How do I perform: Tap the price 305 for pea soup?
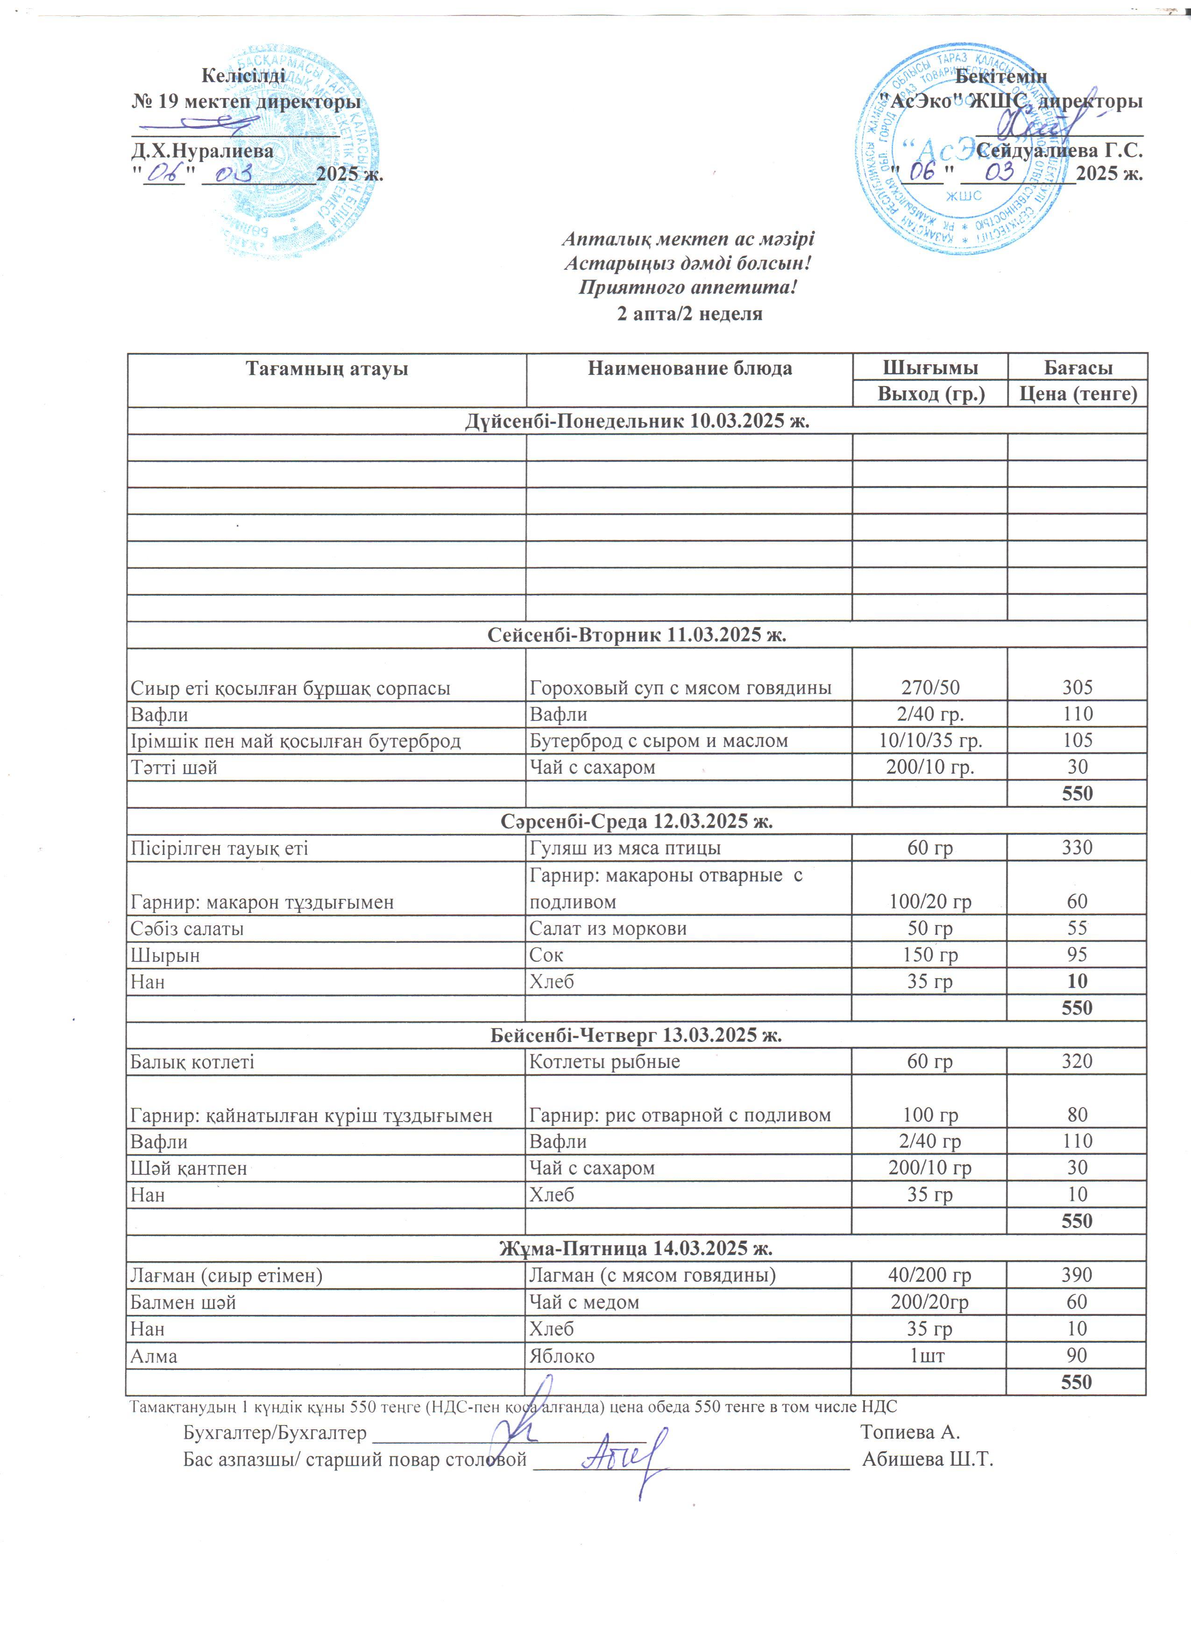(1077, 687)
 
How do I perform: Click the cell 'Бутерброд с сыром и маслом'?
(659, 741)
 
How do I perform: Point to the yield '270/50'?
(930, 687)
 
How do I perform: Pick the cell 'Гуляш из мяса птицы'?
(625, 848)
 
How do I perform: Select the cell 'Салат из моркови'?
(608, 929)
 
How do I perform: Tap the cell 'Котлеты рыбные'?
(604, 1062)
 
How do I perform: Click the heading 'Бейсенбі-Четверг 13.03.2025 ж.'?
(636, 1035)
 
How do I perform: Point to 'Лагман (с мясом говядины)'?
(652, 1276)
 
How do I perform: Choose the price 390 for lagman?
(1077, 1276)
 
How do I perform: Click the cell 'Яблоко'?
(562, 1356)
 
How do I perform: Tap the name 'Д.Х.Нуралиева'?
(202, 151)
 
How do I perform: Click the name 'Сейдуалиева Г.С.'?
(1059, 150)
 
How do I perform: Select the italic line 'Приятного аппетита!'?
(688, 288)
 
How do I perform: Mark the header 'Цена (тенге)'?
(1078, 395)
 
